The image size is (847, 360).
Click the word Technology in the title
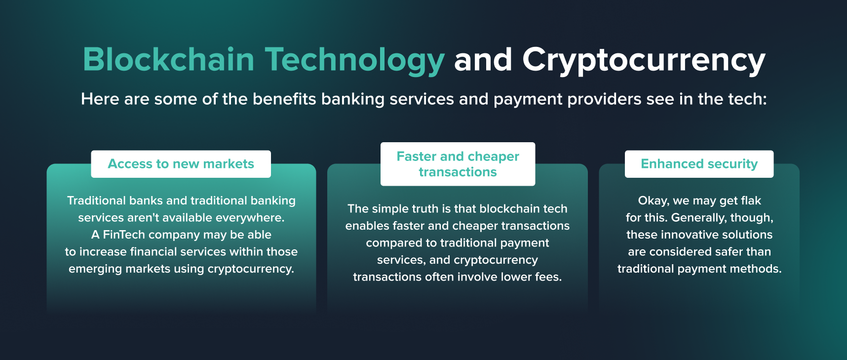pyautogui.click(x=354, y=60)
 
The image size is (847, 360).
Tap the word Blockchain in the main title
pyautogui.click(x=168, y=60)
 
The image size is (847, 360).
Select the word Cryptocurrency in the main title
pyautogui.click(x=644, y=60)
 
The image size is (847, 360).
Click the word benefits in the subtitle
pyautogui.click(x=284, y=99)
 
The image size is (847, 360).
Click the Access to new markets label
pyautogui.click(x=181, y=164)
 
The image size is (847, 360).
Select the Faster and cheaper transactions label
pyautogui.click(x=458, y=164)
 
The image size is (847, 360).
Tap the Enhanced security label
pyautogui.click(x=699, y=164)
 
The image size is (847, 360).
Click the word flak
pyautogui.click(x=751, y=200)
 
